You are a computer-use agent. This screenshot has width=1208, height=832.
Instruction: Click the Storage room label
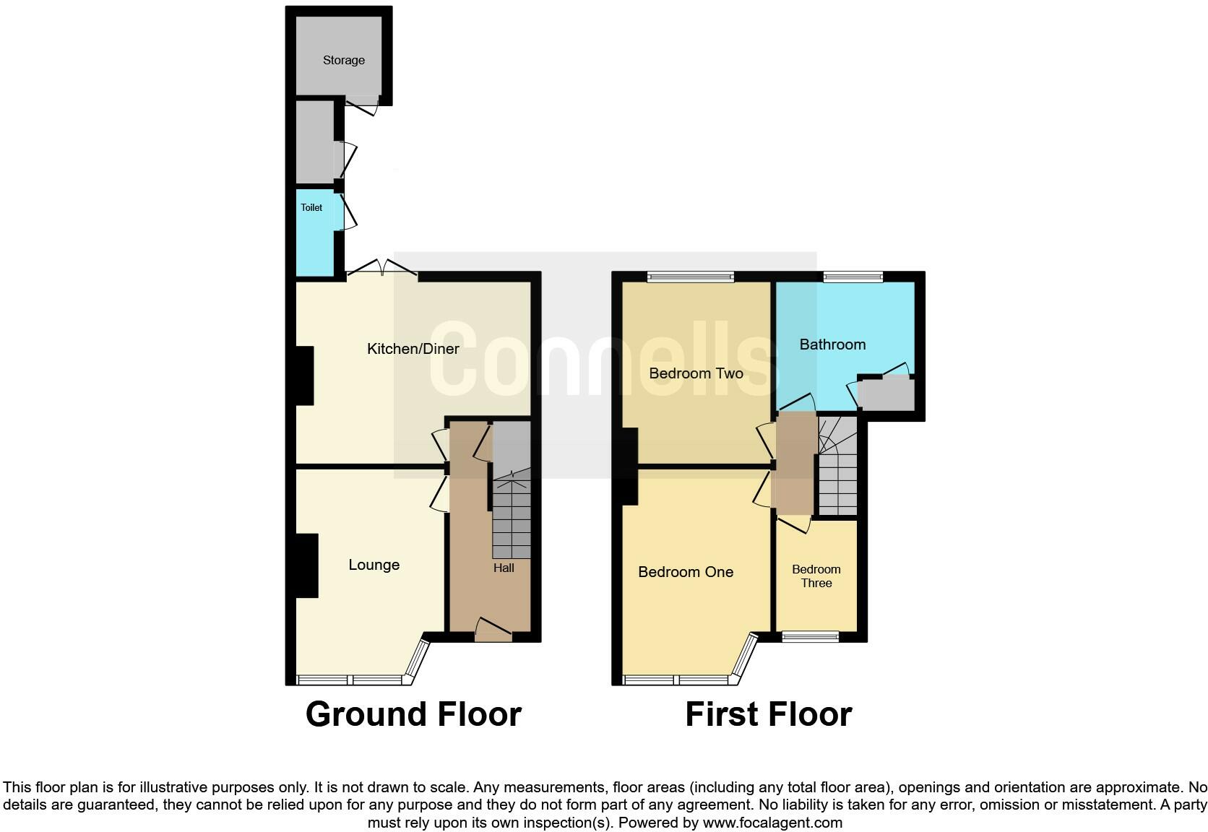coord(343,60)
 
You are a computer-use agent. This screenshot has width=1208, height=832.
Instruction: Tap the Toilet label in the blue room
coord(311,207)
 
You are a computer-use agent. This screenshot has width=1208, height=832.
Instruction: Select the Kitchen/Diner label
coord(413,349)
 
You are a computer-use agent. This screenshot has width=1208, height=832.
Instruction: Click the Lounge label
coord(374,565)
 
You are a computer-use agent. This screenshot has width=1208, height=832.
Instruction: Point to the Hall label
coord(504,568)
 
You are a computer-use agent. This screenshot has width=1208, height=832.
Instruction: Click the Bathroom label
coord(832,344)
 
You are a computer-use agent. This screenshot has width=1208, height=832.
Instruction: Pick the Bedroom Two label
coord(696,373)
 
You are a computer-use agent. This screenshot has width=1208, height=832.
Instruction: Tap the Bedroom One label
coord(686,572)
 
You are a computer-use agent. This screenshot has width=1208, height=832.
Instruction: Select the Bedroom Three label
coord(816,576)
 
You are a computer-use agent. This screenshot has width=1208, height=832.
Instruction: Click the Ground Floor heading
coord(413,714)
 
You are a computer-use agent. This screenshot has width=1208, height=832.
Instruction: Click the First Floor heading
coord(768,714)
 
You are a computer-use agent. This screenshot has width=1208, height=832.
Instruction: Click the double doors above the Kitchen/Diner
coord(382,271)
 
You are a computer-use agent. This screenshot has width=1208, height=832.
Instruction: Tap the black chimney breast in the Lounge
coord(307,565)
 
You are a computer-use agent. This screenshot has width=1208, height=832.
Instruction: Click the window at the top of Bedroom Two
coord(691,277)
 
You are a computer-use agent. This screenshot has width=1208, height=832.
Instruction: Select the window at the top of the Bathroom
coord(853,277)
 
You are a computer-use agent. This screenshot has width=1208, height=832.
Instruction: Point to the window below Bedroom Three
coord(811,636)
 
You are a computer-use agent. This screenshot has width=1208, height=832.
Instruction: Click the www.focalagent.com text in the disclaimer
coord(772,823)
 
